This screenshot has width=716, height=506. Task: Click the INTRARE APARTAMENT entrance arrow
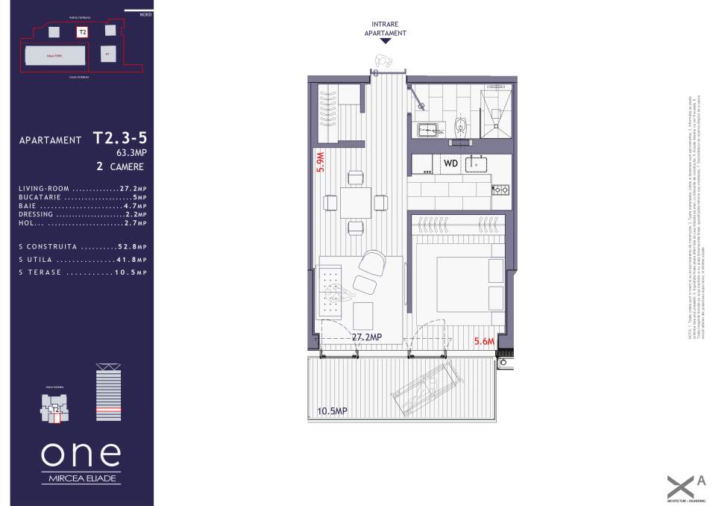tap(386, 43)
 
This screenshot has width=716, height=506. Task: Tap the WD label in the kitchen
tap(450, 162)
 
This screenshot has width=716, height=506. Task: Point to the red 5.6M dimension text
tap(486, 343)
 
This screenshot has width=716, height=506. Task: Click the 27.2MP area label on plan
tap(366, 337)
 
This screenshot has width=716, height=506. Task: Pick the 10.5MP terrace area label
tap(332, 411)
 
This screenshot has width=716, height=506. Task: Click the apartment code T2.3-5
tap(119, 138)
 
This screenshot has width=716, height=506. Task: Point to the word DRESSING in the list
tap(36, 214)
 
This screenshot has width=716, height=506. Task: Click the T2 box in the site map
tap(82, 32)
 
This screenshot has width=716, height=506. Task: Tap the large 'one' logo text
tap(80, 454)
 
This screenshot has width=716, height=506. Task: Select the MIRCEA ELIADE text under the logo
tap(80, 477)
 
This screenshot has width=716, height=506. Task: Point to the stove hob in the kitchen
tap(499, 190)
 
